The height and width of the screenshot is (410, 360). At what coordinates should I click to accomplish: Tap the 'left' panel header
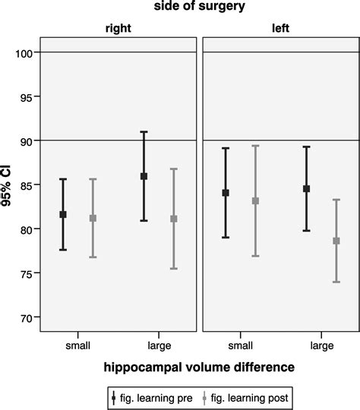click(281, 28)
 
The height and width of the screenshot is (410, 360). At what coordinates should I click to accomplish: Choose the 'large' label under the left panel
click(322, 345)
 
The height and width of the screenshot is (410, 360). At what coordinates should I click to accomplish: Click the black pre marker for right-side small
click(63, 215)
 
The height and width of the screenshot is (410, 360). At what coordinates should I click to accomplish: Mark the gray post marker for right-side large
click(173, 219)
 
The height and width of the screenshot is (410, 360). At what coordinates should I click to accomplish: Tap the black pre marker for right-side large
click(144, 176)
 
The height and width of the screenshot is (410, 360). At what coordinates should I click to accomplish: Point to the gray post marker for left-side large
click(336, 241)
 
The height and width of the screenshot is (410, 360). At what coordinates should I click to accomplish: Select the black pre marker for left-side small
click(226, 193)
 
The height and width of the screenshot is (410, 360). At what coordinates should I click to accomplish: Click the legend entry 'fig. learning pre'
click(153, 396)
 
